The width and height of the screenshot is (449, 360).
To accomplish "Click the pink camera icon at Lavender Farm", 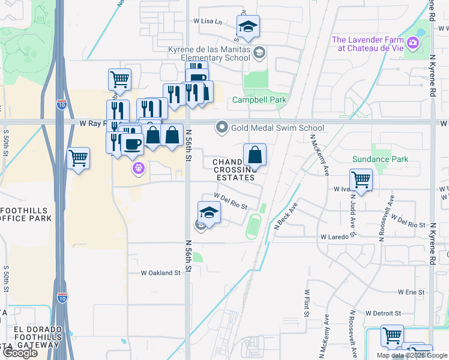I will coord(412,43).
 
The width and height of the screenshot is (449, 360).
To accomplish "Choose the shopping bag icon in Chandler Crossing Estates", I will coord(255,155).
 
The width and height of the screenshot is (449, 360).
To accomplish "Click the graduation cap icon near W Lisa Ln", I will coord(247,26).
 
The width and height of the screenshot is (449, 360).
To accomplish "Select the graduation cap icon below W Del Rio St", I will coord(209,212).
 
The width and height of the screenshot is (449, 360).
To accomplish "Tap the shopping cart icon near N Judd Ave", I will coord(360,179).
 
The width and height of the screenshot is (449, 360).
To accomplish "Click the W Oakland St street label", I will coord(160,273).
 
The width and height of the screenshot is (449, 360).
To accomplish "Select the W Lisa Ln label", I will coord(208,21).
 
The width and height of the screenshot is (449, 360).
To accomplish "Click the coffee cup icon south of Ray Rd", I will coord(131,145).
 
